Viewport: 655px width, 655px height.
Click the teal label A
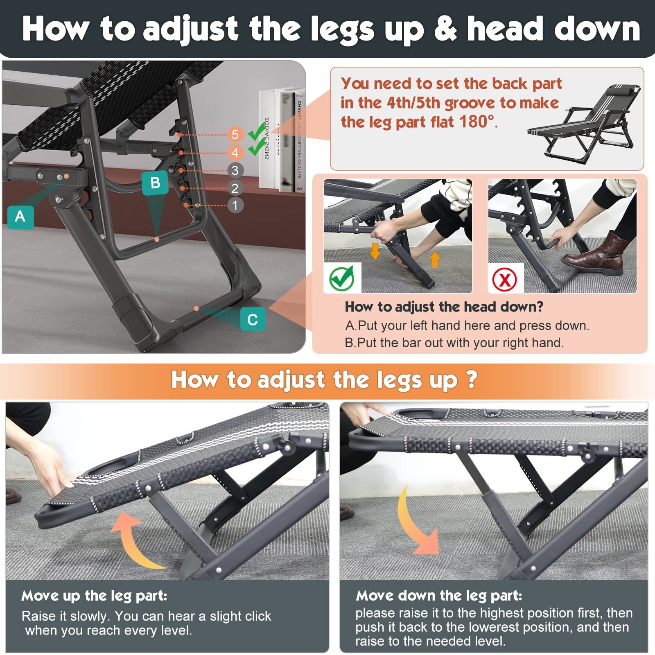[20, 217]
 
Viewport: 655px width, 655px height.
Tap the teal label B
[155, 183]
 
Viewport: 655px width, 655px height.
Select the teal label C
[253, 319]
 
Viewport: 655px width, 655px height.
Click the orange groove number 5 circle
[235, 134]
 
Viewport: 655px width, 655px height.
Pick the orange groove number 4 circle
[235, 153]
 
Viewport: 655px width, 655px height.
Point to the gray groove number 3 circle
[235, 170]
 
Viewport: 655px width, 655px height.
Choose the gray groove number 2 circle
[235, 188]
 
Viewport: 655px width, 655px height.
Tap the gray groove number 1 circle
[235, 205]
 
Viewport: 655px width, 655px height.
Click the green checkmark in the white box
[342, 278]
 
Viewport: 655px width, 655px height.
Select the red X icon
[505, 280]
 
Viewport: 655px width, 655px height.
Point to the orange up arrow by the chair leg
[435, 260]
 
